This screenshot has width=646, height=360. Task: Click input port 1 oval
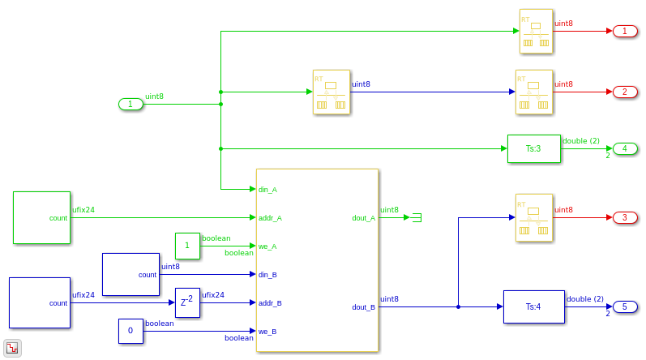[130, 104]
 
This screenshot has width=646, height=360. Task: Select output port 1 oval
[625, 31]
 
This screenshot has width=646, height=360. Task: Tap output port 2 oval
[625, 92]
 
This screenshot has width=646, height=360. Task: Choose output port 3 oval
[625, 217]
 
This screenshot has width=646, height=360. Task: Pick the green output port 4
[625, 148]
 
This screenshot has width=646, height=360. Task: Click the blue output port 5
[625, 306]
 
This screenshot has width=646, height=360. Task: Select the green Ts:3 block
[533, 148]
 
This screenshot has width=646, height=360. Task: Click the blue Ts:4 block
[533, 306]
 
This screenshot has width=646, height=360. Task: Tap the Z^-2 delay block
[187, 302]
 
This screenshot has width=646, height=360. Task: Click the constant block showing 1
[187, 246]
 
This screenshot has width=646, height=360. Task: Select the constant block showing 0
[130, 331]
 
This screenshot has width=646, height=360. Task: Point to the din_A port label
[268, 190]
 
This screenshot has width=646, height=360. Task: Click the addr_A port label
[270, 218]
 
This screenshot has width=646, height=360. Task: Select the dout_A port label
[362, 218]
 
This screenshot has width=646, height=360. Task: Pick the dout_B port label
[362, 307]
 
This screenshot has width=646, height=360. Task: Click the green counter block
[41, 217]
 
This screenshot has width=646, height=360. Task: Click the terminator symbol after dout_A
[417, 217]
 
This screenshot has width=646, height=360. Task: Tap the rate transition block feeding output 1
[536, 31]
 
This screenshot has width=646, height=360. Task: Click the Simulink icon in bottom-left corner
[13, 348]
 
